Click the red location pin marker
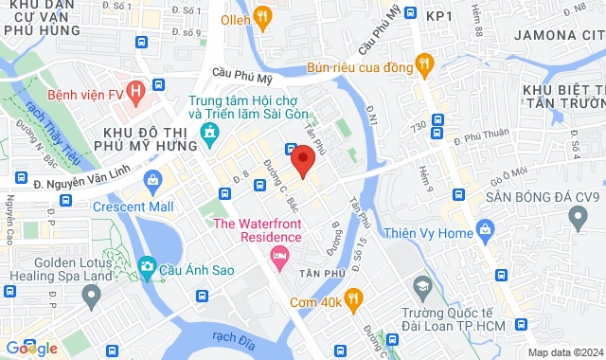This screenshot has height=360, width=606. (x=302, y=159)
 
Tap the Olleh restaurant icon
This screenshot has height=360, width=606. (x=262, y=16)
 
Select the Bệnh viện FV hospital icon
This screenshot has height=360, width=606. (x=138, y=93)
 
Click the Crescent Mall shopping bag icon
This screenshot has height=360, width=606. (x=152, y=180)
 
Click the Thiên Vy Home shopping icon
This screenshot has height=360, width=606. (x=486, y=228)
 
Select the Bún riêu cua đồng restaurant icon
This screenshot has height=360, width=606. (x=425, y=65)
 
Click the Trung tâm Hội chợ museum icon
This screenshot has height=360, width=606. (x=209, y=143)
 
